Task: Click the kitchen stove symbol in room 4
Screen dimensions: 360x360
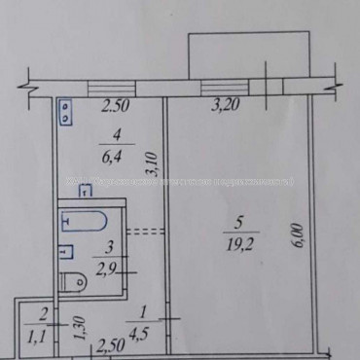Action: (64, 113)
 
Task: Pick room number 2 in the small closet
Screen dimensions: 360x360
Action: (42, 313)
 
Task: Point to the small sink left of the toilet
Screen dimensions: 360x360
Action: (64, 253)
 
